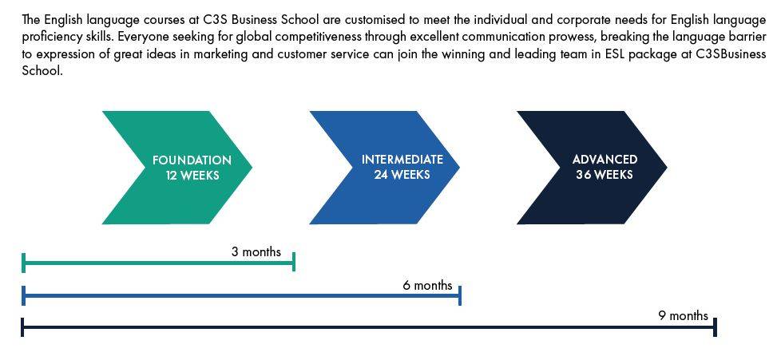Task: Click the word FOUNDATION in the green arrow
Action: [x=192, y=160]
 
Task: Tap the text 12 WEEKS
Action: [x=192, y=176]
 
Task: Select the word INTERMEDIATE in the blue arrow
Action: [x=402, y=160]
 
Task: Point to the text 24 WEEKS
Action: [x=402, y=175]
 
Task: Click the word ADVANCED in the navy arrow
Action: [x=605, y=160]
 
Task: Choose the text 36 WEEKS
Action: [x=605, y=175]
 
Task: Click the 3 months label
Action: [x=256, y=252]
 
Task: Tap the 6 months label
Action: [x=427, y=286]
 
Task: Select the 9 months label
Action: [x=683, y=316]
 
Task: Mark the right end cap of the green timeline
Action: [x=294, y=262]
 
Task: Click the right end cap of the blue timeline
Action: [x=460, y=295]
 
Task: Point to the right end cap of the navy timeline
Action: [x=715, y=327]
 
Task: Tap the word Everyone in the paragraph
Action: [x=144, y=37]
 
